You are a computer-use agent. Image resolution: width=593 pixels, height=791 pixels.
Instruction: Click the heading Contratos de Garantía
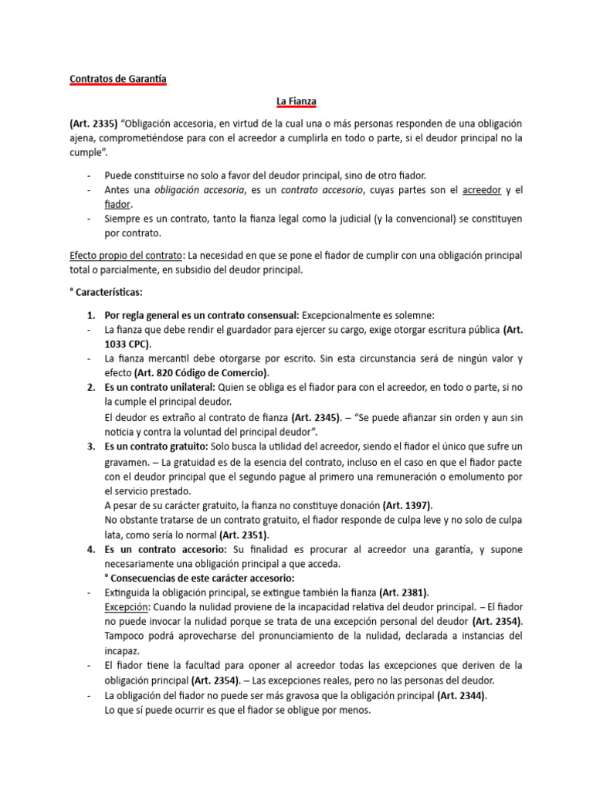pyautogui.click(x=117, y=79)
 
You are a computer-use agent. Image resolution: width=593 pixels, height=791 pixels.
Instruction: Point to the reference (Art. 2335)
pyautogui.click(x=93, y=124)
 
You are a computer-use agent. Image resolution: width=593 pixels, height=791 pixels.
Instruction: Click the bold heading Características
pyautogui.click(x=113, y=293)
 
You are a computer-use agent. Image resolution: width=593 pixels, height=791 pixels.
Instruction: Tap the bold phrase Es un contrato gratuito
pyautogui.click(x=158, y=446)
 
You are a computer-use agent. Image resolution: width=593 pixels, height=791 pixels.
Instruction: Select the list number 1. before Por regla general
pyautogui.click(x=90, y=314)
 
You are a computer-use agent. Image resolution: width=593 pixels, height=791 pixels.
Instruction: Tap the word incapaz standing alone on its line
pyautogui.click(x=122, y=650)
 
